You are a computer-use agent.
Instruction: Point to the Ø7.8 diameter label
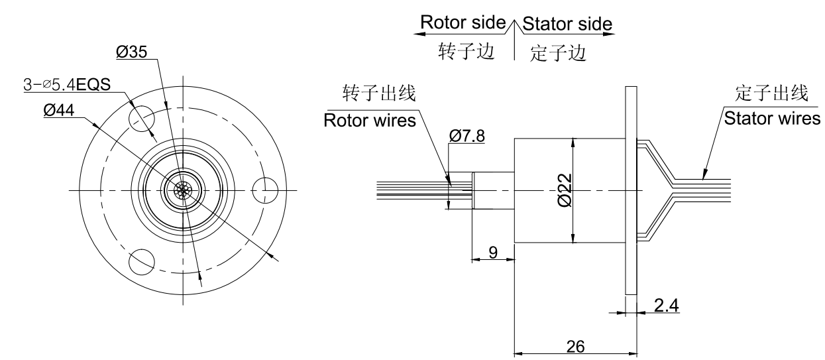click(467, 136)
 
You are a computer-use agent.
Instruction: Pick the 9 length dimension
click(492, 251)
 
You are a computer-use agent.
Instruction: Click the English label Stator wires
click(772, 119)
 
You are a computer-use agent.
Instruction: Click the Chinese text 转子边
click(467, 52)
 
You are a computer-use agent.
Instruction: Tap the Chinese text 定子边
click(558, 53)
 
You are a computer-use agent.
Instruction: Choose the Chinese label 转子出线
click(379, 93)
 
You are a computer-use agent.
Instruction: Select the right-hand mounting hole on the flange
click(266, 190)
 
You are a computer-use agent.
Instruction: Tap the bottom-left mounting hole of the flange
click(141, 261)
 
